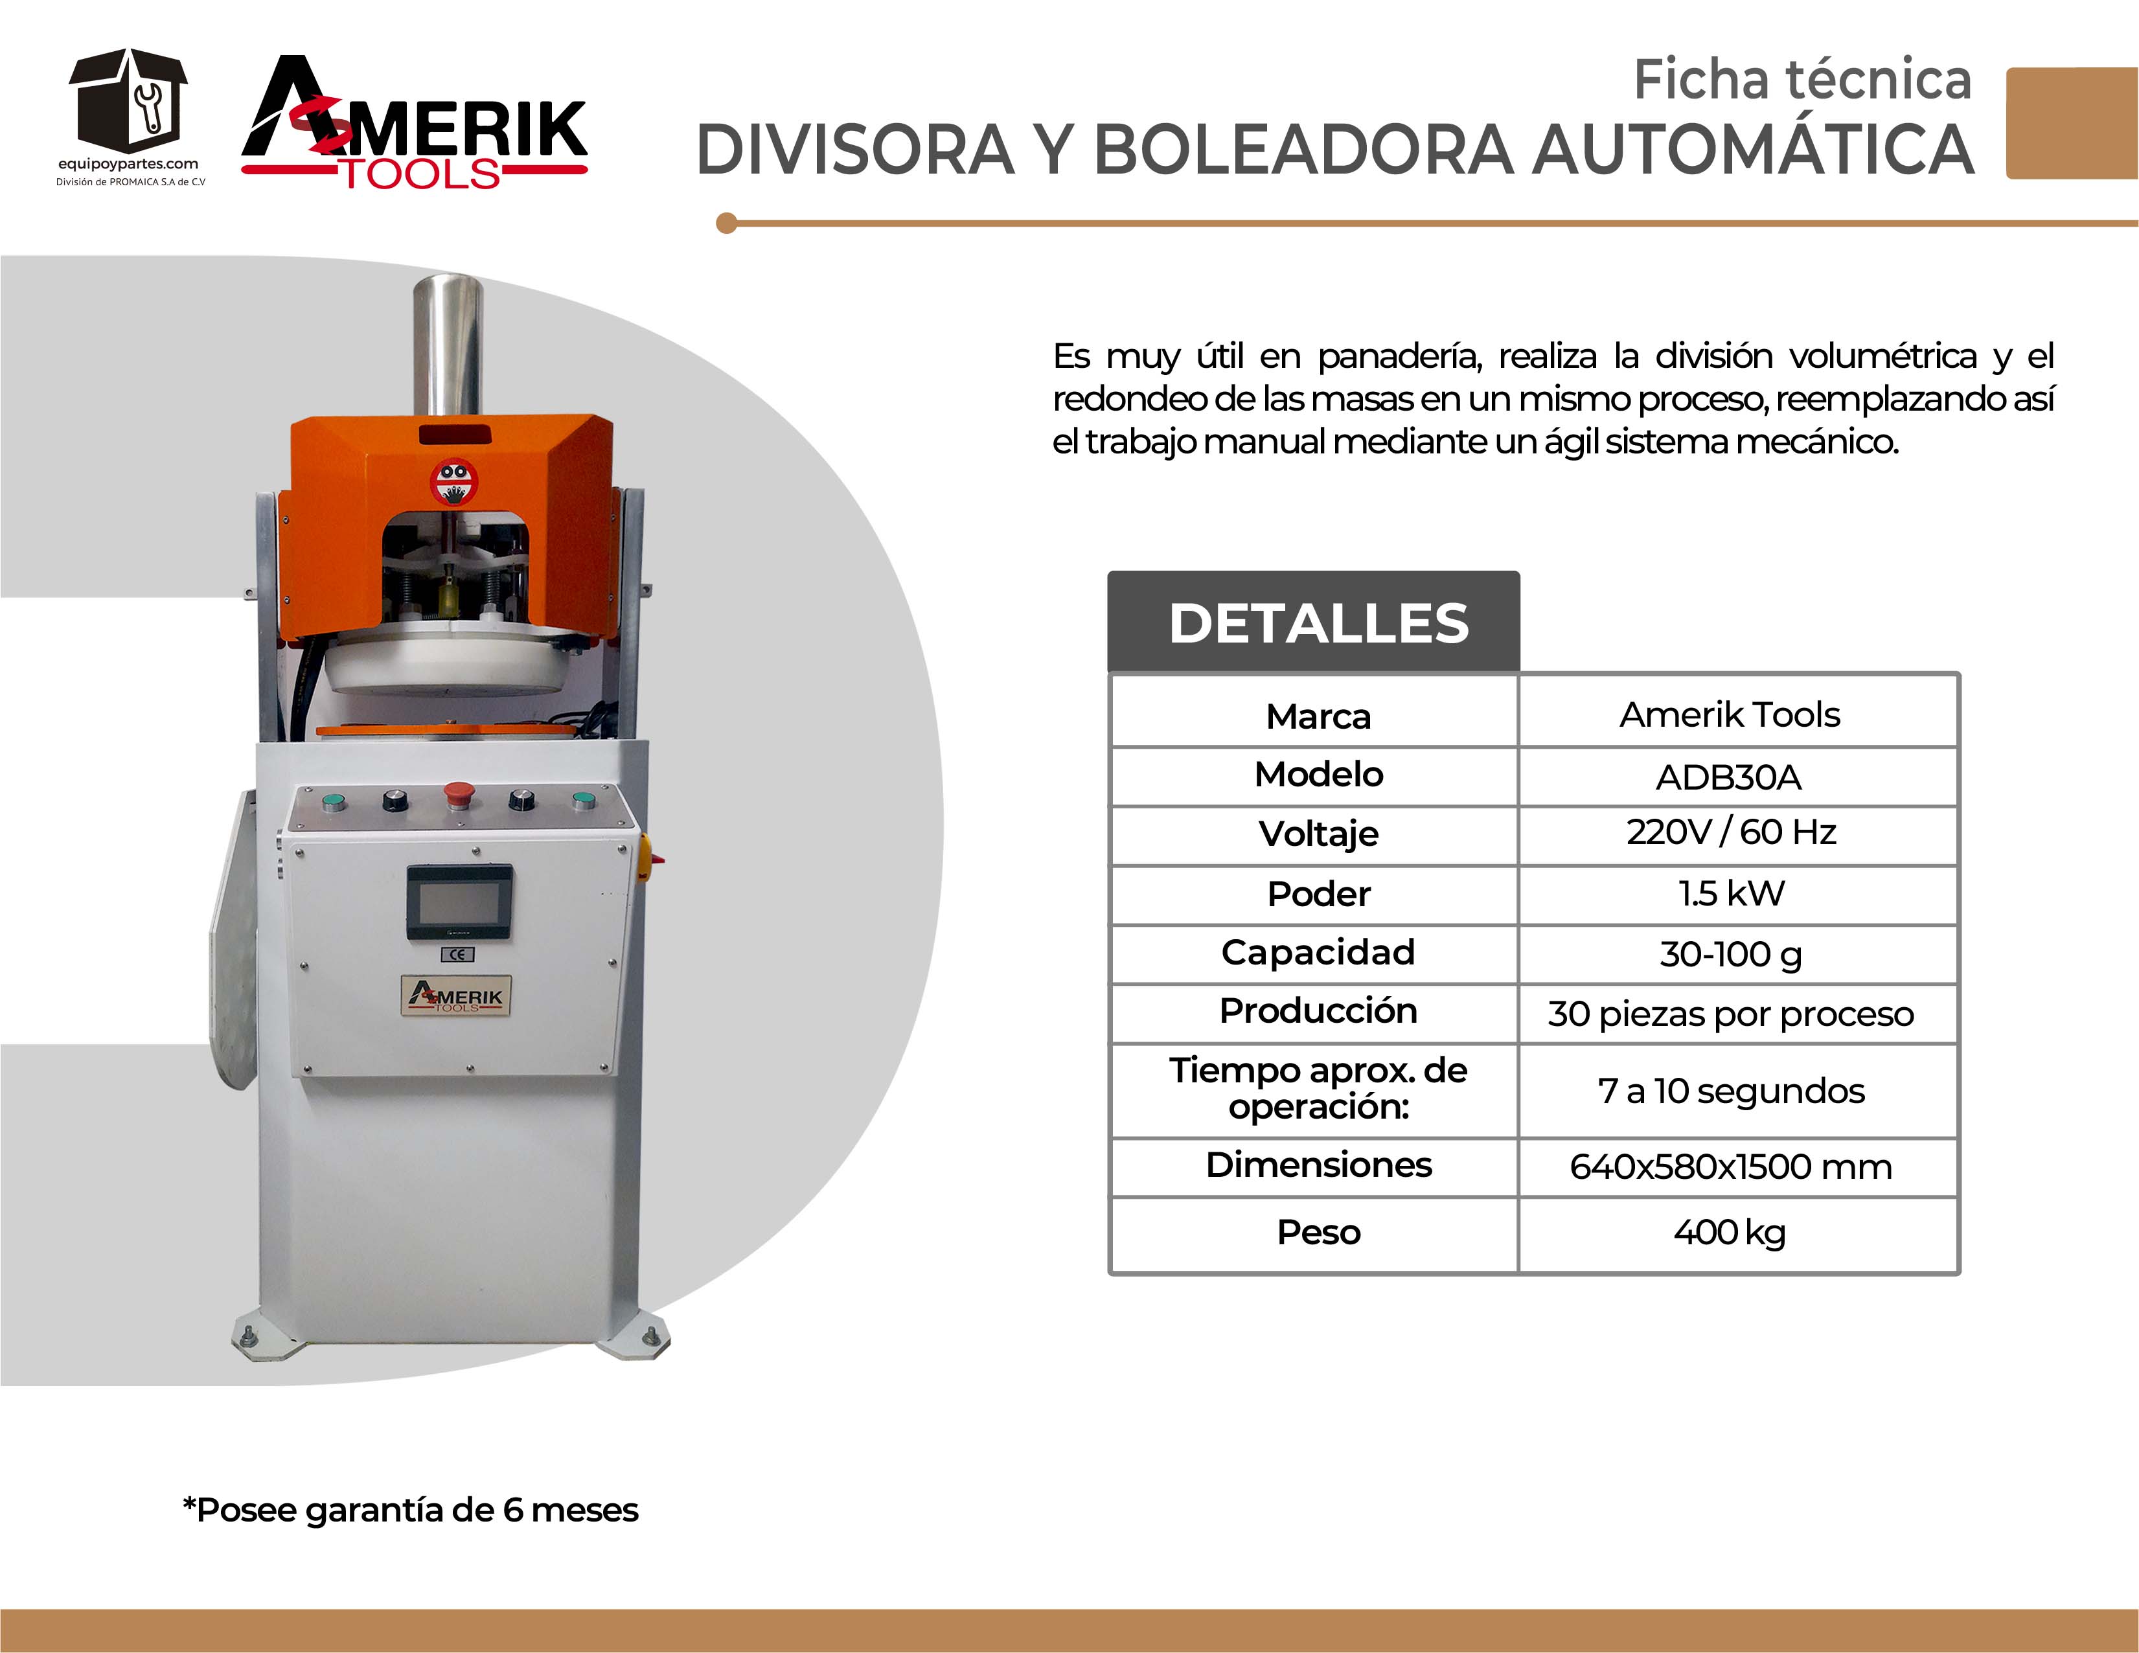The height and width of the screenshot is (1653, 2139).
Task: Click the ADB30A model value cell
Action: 1729,777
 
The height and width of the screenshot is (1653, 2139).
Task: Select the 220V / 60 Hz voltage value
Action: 1731,832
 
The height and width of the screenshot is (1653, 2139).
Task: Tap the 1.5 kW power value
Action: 1731,893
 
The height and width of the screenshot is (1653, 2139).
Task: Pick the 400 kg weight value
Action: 1730,1233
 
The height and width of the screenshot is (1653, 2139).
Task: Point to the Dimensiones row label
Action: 1318,1165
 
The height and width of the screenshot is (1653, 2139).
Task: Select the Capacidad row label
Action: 1318,953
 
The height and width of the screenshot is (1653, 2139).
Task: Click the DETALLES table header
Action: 1318,623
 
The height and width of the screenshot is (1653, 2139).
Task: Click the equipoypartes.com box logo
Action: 128,108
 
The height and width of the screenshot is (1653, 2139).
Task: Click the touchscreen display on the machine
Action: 459,902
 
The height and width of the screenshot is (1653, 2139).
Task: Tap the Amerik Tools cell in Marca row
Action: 1730,715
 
